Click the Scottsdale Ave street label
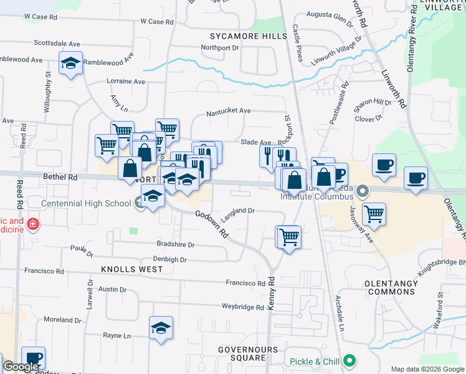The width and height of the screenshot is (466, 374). tap(57, 44)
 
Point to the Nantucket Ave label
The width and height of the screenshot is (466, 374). tap(229, 111)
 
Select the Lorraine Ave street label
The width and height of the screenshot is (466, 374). tap(126, 82)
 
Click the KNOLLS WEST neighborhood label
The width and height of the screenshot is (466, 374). tap(132, 269)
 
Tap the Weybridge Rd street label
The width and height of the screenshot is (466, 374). tap(243, 307)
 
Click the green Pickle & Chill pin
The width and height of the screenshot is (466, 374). tap(350, 361)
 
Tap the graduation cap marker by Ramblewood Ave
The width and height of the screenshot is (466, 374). tap(71, 63)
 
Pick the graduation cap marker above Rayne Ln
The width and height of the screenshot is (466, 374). tap(161, 328)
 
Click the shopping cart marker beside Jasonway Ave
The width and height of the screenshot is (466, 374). tap(373, 214)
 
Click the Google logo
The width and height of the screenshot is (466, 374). tap(21, 367)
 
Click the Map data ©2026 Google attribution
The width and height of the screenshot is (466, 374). tap(427, 369)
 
